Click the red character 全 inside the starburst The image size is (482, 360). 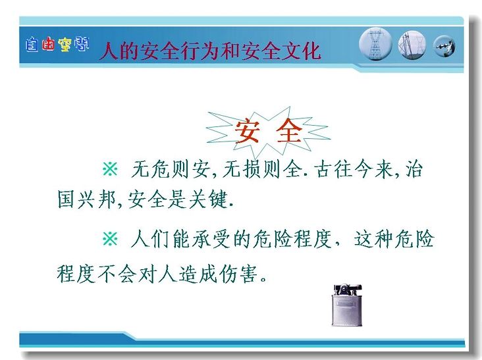pyautogui.click(x=289, y=131)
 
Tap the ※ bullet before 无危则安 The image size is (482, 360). pyautogui.click(x=110, y=168)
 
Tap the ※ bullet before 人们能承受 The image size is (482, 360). pyautogui.click(x=110, y=239)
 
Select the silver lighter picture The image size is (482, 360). pyautogui.click(x=347, y=305)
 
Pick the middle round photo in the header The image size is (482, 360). pyautogui.click(x=412, y=45)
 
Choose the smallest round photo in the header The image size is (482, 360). pyautogui.click(x=444, y=46)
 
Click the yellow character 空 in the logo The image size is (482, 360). pyautogui.click(x=65, y=45)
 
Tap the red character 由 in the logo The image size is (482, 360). pyautogui.click(x=48, y=45)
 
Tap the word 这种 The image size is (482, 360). pyautogui.click(x=373, y=239)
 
